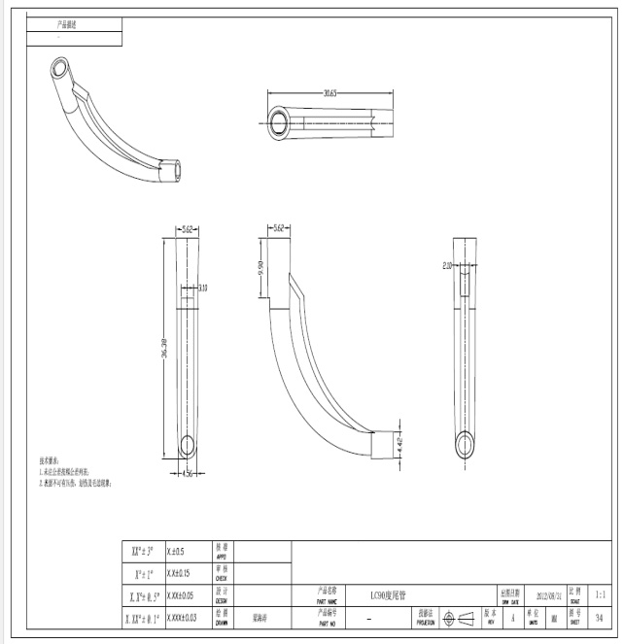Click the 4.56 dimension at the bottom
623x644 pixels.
pyautogui.click(x=189, y=473)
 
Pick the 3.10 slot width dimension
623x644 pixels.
pyautogui.click(x=202, y=288)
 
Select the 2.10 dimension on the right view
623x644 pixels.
pyautogui.click(x=448, y=264)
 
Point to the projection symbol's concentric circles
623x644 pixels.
pyautogui.click(x=449, y=617)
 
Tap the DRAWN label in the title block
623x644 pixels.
pyautogui.click(x=221, y=621)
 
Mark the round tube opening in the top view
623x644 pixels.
pyautogui.click(x=281, y=122)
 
